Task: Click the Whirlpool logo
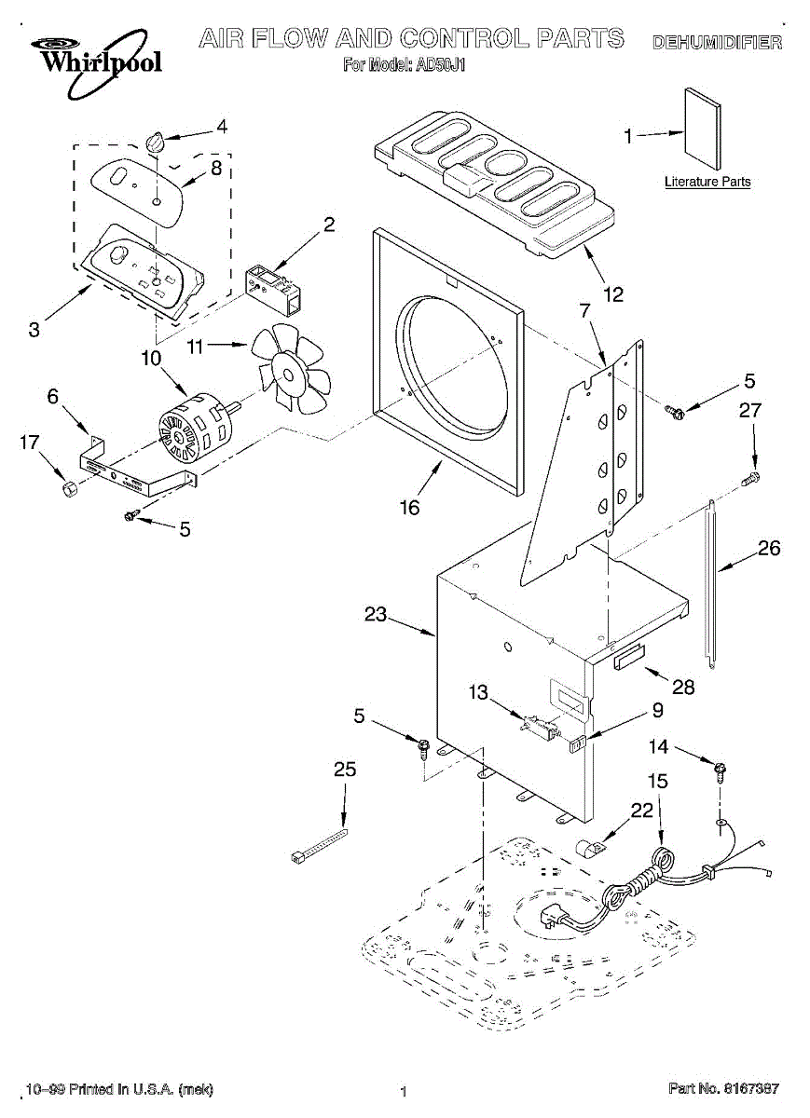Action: point(96,62)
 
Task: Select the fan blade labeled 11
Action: point(291,368)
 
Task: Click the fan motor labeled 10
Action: point(197,426)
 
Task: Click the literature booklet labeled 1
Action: point(703,129)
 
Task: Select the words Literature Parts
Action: point(707,182)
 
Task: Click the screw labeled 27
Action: point(750,480)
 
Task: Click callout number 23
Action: point(376,614)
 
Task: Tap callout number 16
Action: point(409,508)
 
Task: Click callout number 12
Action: point(613,294)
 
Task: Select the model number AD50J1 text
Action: point(438,65)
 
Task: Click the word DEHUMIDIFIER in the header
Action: point(718,43)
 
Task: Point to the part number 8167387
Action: point(749,1088)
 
